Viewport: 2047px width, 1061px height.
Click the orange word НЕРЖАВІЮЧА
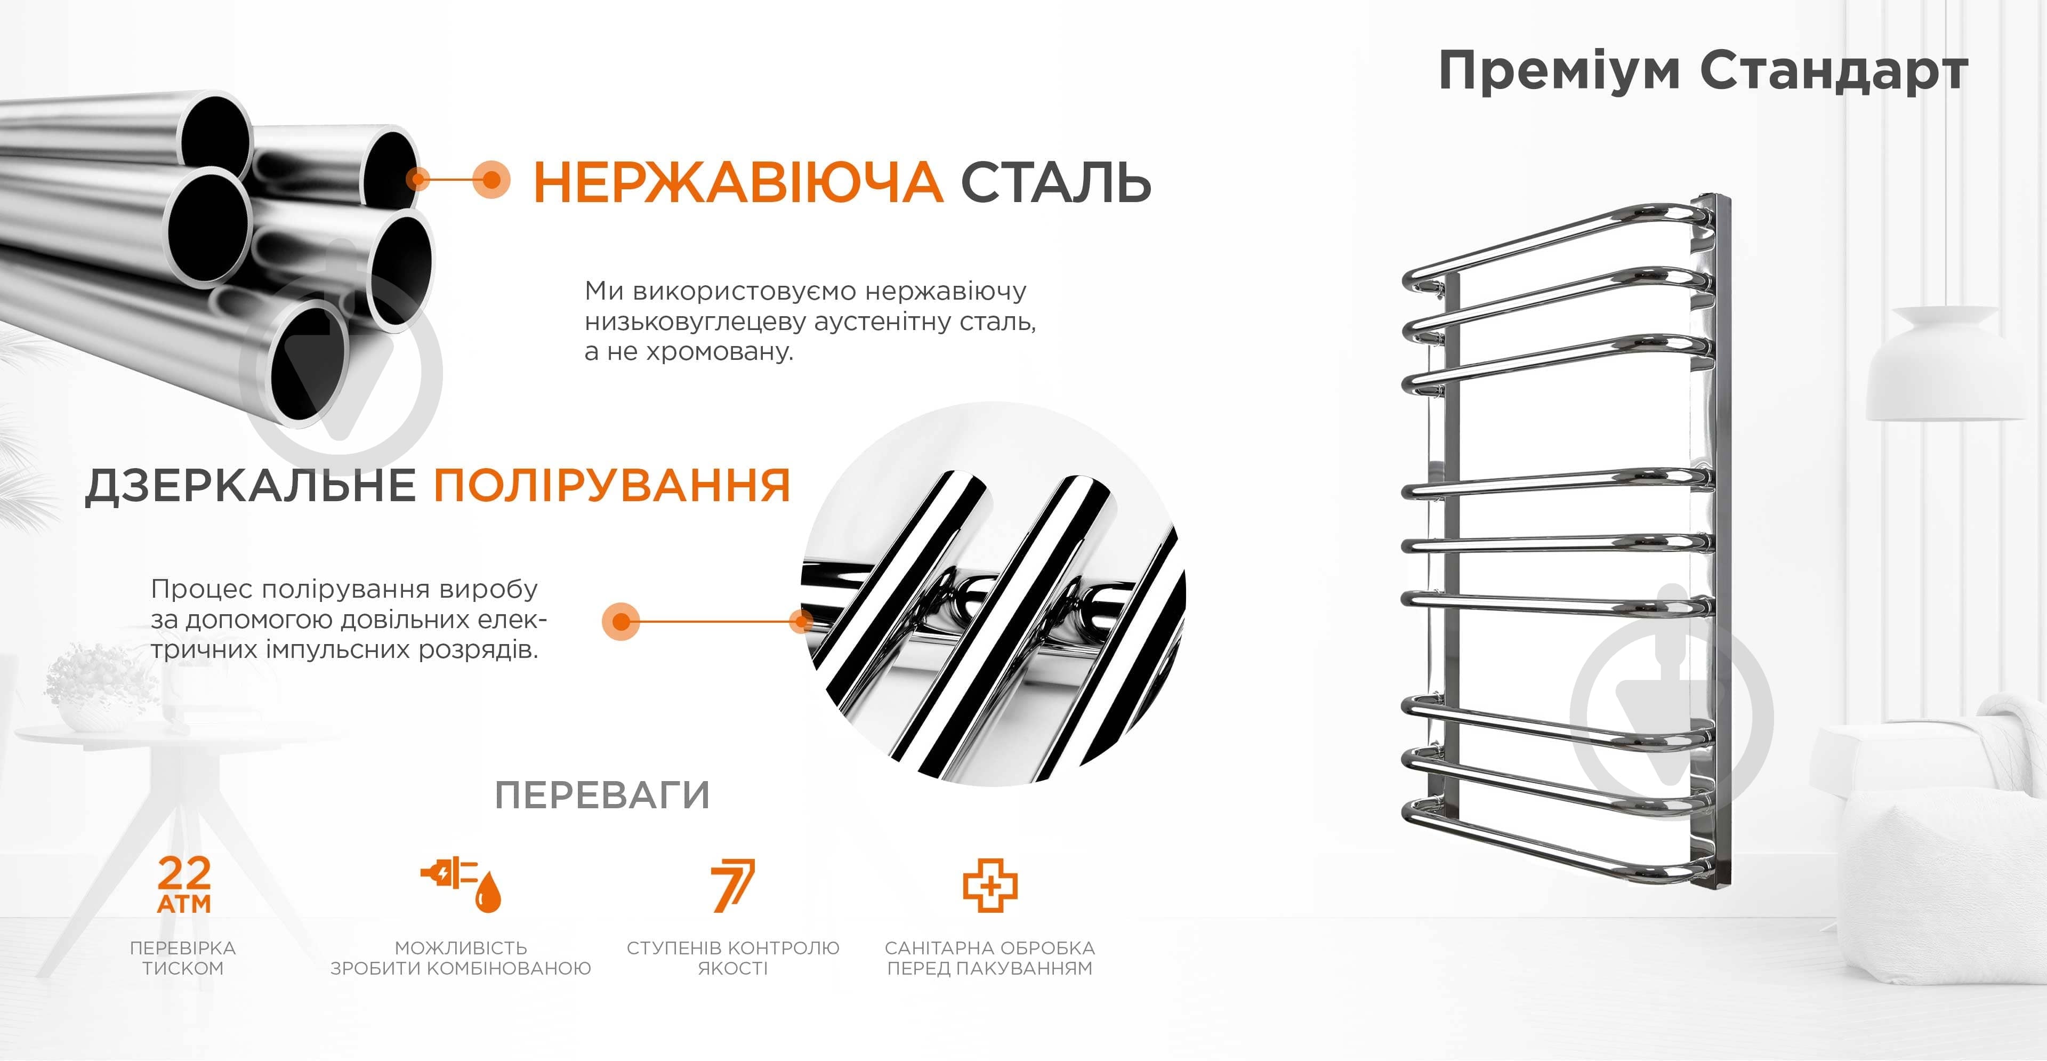[x=737, y=182]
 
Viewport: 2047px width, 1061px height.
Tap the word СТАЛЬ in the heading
[x=1056, y=182]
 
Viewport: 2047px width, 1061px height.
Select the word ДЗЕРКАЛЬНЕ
[x=251, y=486]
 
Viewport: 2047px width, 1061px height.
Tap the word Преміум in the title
[x=1559, y=71]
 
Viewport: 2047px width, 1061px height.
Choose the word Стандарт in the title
[x=1834, y=71]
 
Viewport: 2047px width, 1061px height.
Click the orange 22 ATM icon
[x=184, y=884]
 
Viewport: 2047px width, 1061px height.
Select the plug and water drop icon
[x=461, y=884]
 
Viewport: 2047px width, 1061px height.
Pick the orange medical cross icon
[x=990, y=885]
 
